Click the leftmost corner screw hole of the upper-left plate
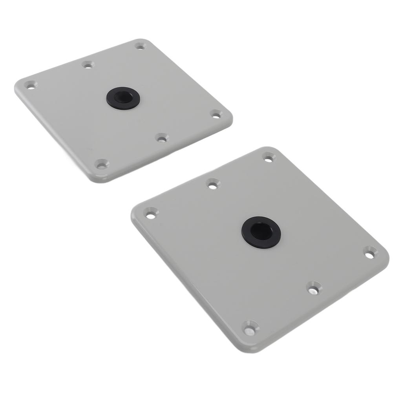30,84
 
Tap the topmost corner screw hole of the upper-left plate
140,46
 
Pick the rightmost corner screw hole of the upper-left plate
216,114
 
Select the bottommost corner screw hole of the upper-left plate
102,164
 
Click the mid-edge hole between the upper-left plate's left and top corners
88,64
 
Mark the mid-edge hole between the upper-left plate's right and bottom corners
161,138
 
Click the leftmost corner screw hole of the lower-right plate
150,214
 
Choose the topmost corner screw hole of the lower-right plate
269,158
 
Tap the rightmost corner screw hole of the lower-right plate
370,253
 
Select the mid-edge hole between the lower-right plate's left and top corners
213,184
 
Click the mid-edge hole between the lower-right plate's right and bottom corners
314,288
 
